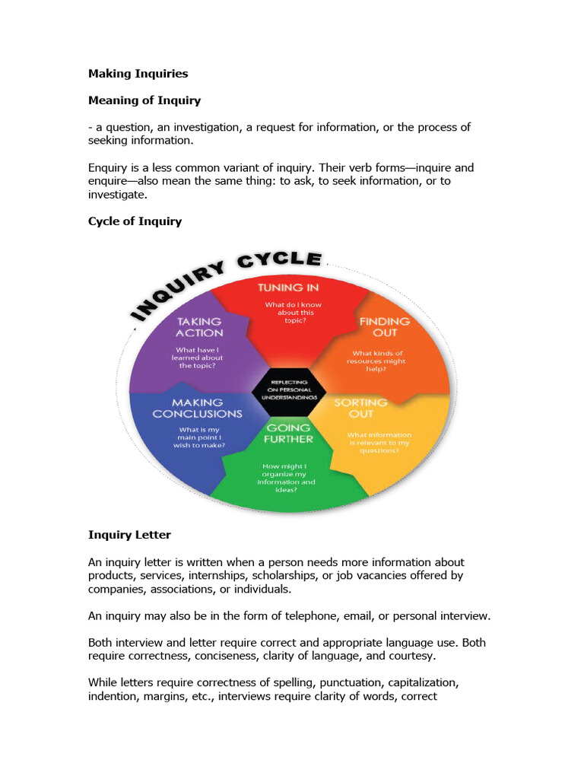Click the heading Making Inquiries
(138, 74)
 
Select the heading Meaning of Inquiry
(144, 100)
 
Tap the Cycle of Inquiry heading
(135, 221)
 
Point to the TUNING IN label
(287, 288)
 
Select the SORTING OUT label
(360, 408)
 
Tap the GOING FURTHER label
(288, 434)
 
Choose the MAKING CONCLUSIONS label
(198, 408)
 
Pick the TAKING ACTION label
(200, 327)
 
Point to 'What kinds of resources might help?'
(378, 361)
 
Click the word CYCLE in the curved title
(281, 261)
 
